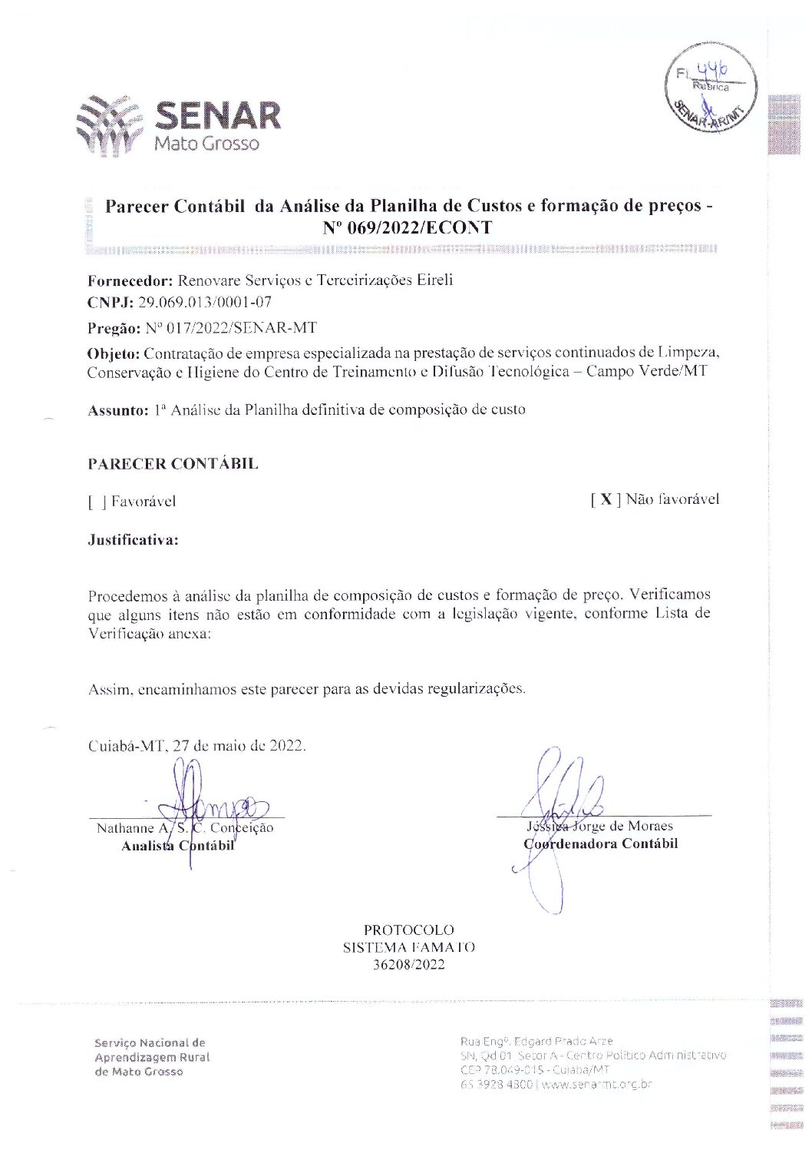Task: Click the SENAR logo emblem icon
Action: point(109,125)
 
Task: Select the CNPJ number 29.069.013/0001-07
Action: point(205,302)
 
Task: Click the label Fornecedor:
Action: point(130,280)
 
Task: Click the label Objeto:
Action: point(114,353)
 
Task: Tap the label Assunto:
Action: point(118,410)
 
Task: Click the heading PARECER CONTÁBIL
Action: point(173,464)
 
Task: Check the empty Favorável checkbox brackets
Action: point(97,502)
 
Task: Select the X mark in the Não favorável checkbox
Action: point(606,500)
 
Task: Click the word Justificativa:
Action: point(133,540)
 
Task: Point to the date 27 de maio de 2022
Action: point(239,745)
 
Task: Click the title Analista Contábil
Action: point(177,846)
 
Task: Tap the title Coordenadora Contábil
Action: point(601,843)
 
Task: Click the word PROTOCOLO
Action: point(408,930)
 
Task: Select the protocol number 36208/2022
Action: point(408,965)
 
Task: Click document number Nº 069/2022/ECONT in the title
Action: point(408,227)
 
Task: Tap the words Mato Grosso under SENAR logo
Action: point(206,144)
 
